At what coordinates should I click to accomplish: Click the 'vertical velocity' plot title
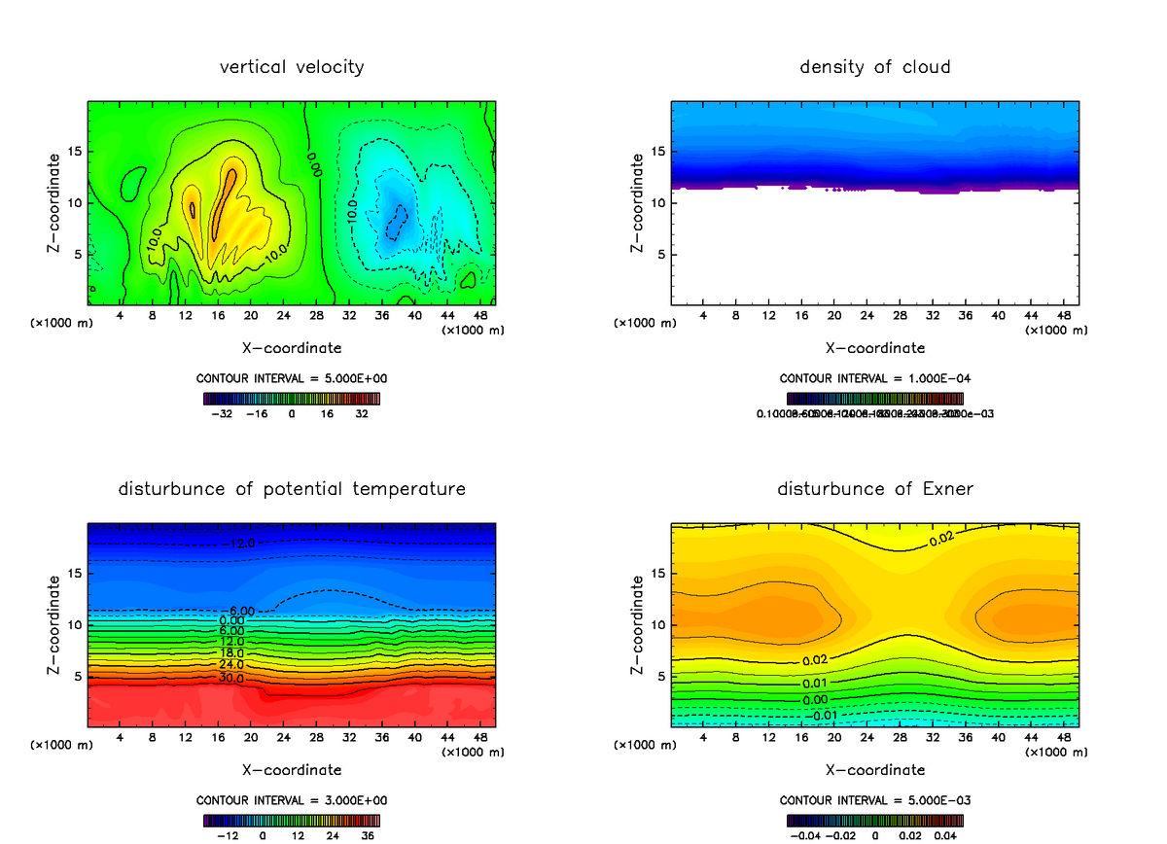[292, 67]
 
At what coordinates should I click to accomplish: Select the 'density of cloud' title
[874, 67]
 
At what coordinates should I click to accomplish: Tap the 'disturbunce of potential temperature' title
[292, 489]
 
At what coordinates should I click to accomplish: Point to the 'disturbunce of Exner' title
[874, 489]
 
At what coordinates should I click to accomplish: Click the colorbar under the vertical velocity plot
[292, 398]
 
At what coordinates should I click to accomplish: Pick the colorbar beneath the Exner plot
[874, 820]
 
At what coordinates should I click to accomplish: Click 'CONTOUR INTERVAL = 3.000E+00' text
[292, 800]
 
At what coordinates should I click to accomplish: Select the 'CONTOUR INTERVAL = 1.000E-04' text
[874, 378]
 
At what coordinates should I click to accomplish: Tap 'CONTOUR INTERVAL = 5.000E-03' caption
[874, 800]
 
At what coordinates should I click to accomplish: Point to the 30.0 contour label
[231, 678]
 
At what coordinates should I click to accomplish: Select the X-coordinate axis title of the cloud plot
[874, 347]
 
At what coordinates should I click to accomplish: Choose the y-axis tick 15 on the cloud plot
[658, 152]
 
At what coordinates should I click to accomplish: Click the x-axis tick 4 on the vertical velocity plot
[120, 316]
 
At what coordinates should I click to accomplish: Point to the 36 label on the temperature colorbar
[368, 834]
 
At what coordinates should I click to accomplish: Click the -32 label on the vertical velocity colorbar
[224, 412]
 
